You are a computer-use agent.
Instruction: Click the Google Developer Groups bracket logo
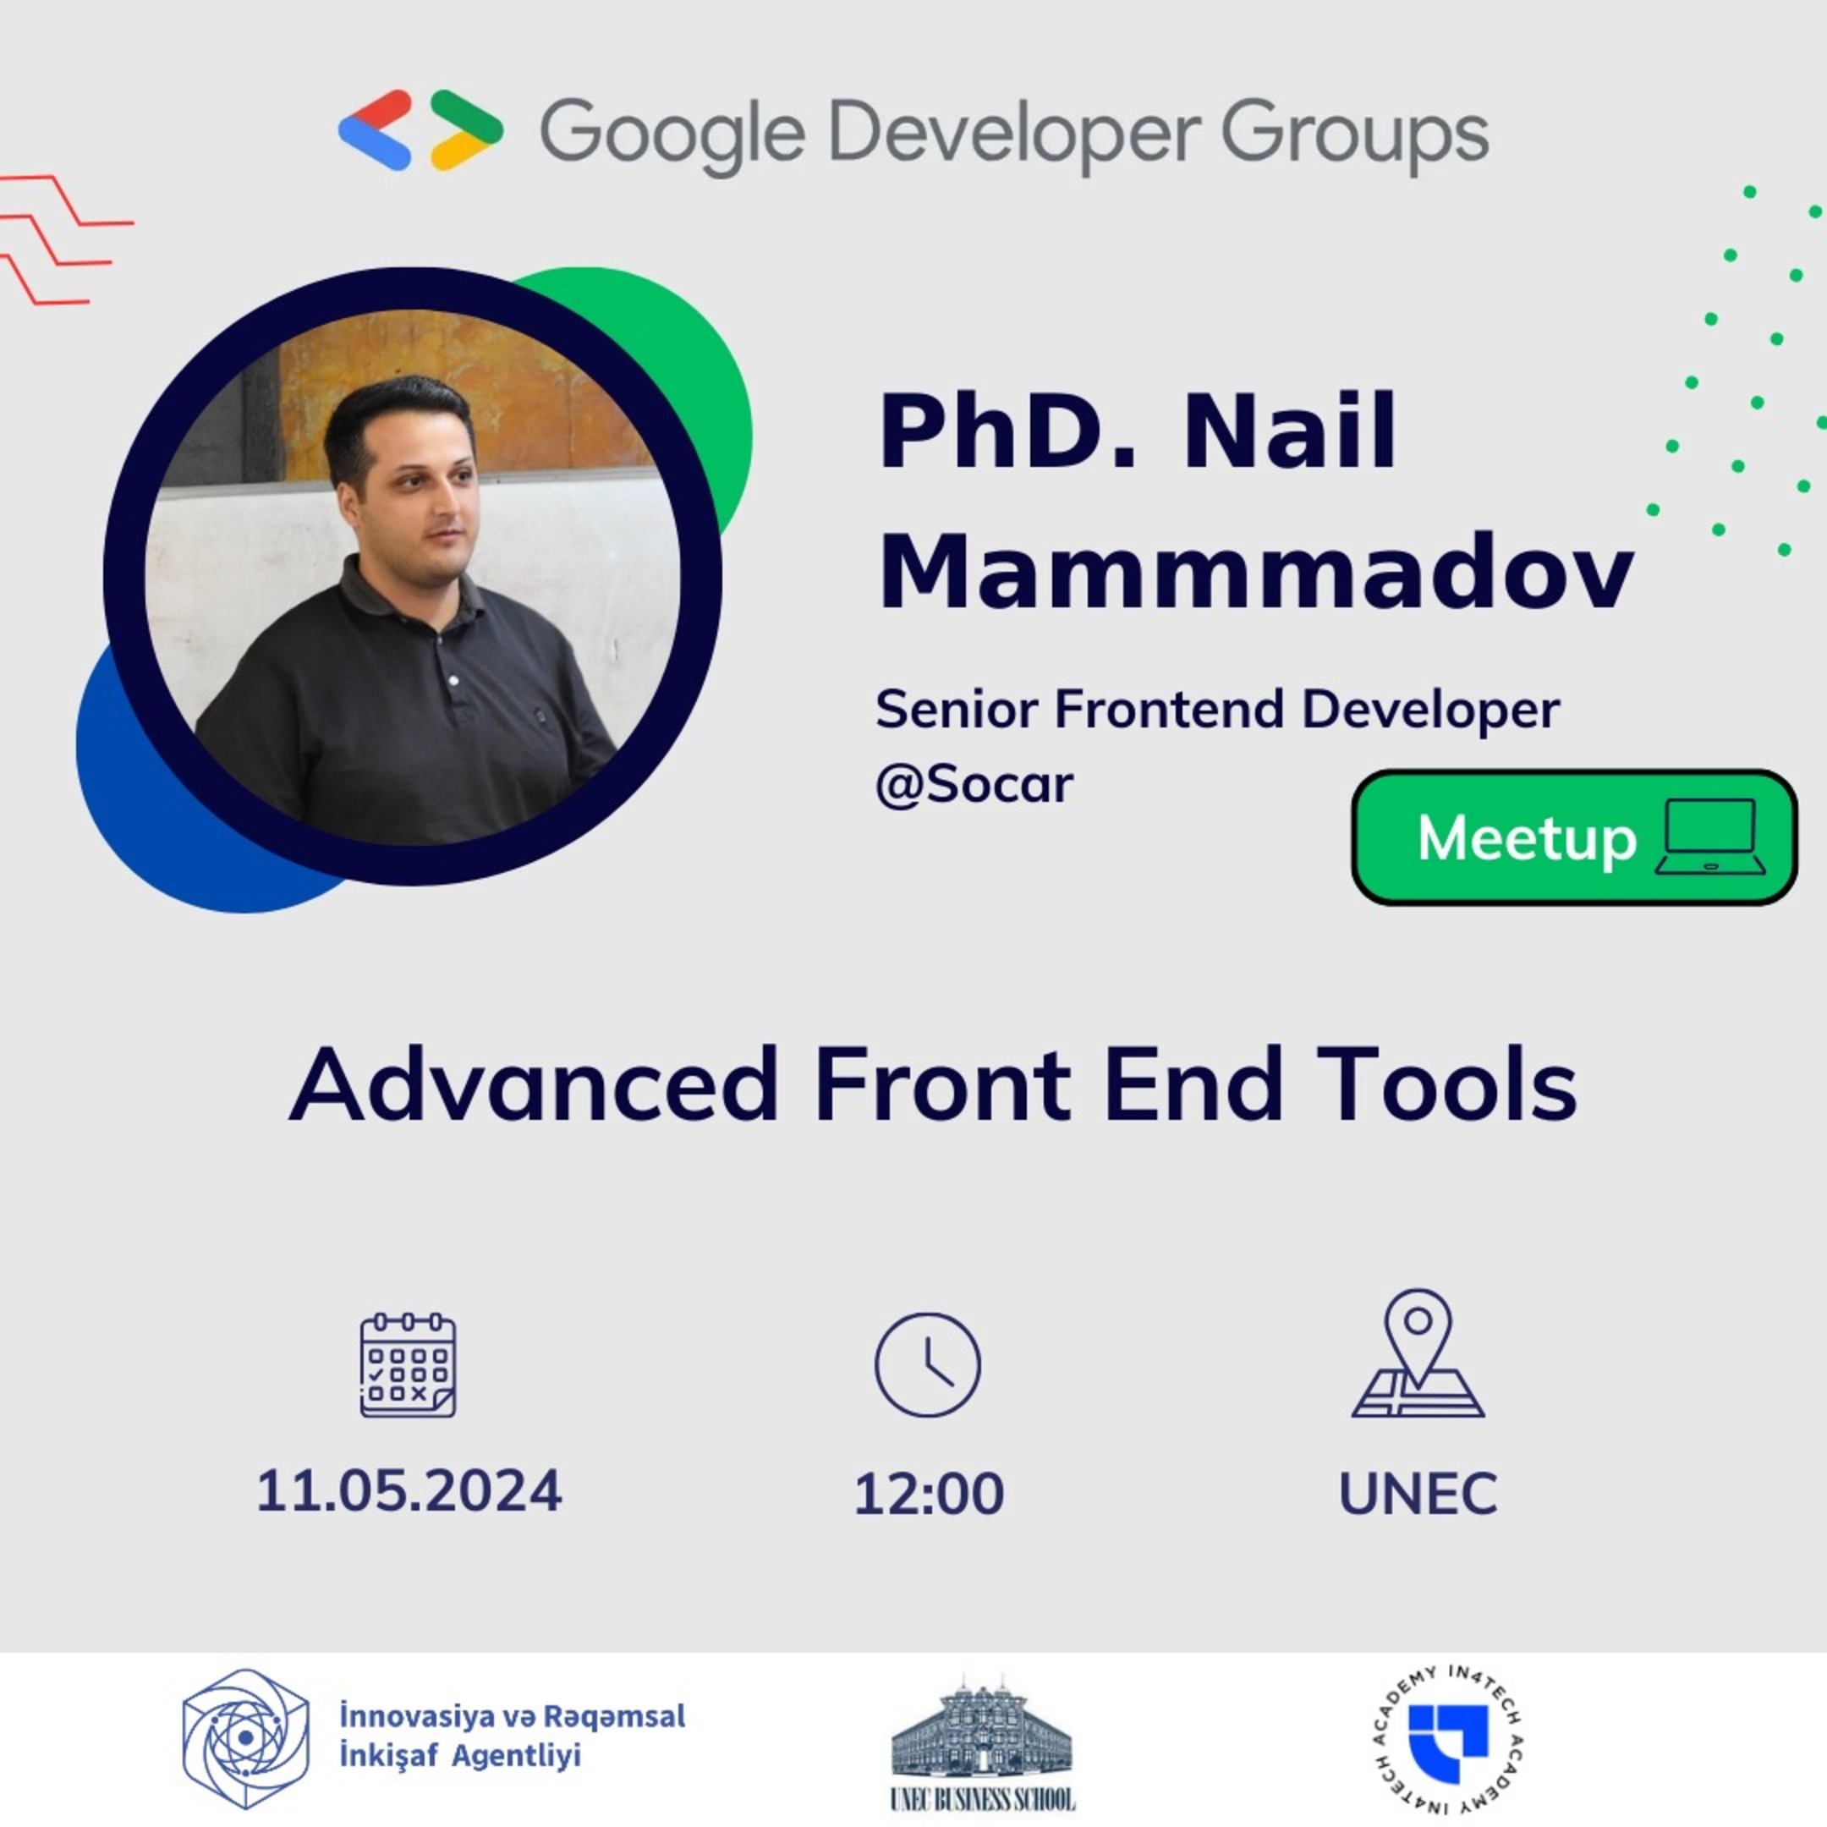(421, 130)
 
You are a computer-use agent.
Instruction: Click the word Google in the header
(672, 134)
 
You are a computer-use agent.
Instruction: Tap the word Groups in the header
(1355, 134)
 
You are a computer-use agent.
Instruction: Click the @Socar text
(974, 784)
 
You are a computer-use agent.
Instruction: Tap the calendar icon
(409, 1364)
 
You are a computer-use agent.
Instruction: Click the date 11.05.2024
(409, 1491)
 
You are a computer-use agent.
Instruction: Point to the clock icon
(928, 1364)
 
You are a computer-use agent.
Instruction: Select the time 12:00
(929, 1494)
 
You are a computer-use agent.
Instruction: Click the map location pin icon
(1418, 1354)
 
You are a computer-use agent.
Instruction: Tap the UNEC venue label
(1418, 1494)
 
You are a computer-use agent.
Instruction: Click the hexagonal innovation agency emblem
(246, 1738)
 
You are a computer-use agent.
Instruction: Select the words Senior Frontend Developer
(1217, 710)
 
